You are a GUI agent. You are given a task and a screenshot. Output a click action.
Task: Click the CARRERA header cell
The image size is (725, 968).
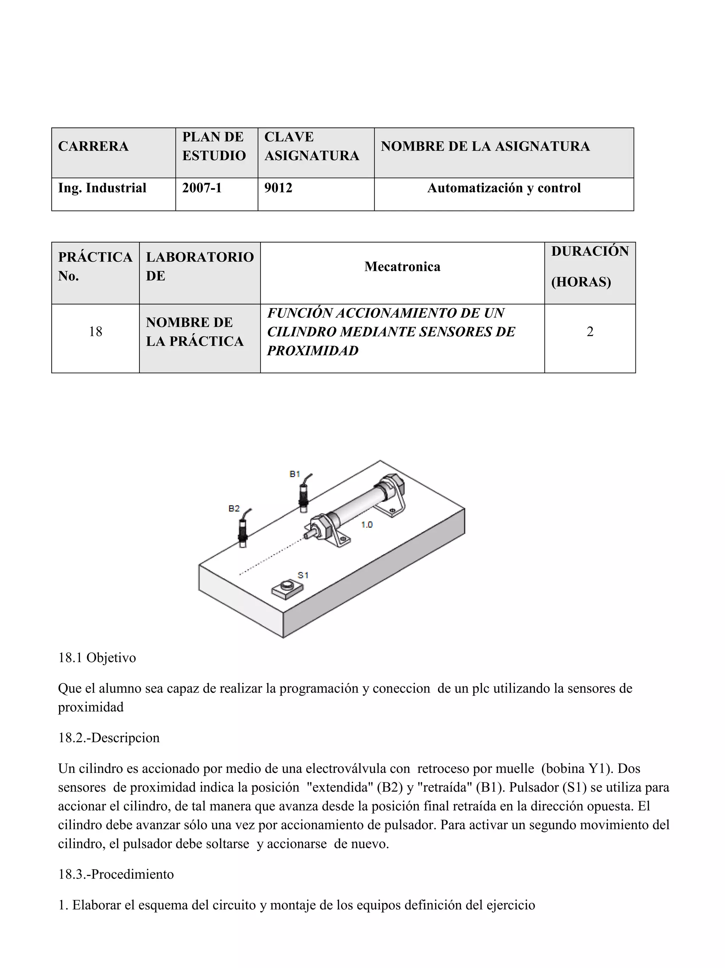[93, 146]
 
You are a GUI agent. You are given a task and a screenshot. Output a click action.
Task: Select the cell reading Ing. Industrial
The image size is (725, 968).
[102, 188]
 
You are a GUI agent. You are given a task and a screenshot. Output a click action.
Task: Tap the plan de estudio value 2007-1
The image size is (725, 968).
[202, 188]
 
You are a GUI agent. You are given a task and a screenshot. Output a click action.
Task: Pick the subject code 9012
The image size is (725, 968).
[278, 188]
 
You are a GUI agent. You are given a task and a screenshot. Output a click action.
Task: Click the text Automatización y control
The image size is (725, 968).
[504, 188]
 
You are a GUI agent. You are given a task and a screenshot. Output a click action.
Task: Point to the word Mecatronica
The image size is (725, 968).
[402, 267]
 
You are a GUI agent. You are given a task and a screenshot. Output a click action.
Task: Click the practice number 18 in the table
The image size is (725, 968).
[95, 332]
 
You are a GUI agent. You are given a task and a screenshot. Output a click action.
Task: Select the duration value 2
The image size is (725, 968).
[589, 332]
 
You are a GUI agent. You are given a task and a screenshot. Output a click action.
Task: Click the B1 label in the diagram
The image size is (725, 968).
[295, 474]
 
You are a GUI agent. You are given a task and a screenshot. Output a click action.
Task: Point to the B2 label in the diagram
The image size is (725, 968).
[234, 508]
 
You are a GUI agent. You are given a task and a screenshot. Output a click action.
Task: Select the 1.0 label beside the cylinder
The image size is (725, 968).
[367, 524]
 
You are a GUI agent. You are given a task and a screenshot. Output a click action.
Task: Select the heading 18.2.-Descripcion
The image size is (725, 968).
[109, 738]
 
